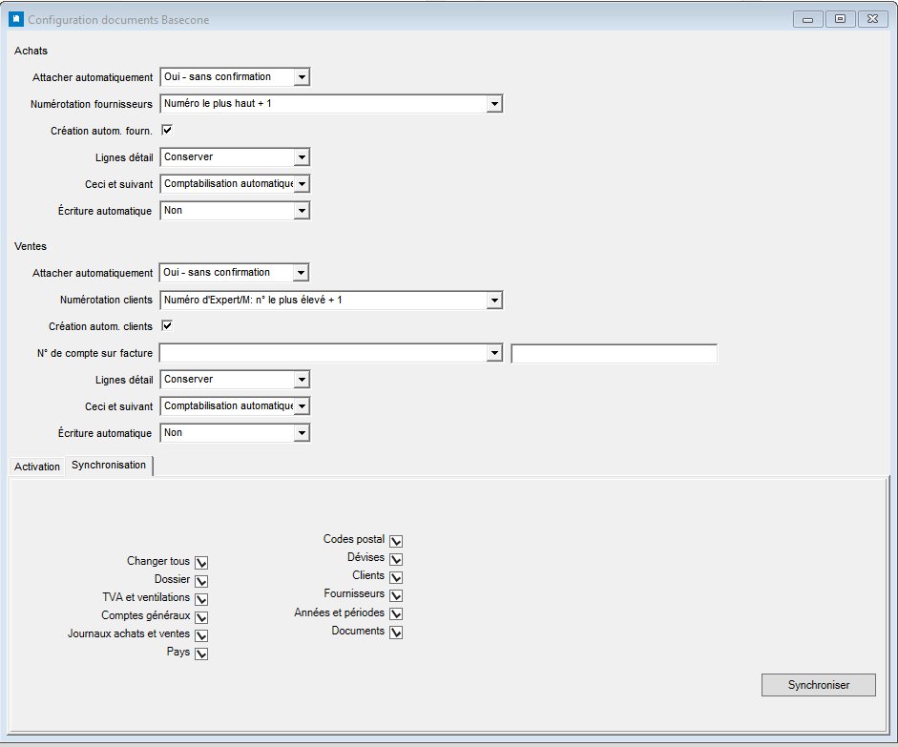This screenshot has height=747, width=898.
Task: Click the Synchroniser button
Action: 819,685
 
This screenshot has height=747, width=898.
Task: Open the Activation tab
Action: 36,466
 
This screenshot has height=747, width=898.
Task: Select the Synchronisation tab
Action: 109,465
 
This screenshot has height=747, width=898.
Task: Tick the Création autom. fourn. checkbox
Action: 167,130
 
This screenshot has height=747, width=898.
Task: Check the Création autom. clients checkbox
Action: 167,325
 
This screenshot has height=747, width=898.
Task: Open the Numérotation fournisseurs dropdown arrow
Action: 494,104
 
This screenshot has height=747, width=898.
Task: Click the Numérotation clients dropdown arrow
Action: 494,300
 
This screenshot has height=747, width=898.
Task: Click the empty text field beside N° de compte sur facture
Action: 614,354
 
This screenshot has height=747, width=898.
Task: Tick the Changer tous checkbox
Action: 201,563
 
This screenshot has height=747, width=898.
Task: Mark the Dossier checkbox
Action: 201,581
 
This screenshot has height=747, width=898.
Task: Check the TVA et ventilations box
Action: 201,599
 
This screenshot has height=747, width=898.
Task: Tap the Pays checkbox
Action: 201,654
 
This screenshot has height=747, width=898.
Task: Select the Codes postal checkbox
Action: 396,541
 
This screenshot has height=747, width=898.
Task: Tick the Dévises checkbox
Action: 396,559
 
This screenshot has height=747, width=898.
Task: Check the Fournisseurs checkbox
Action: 396,595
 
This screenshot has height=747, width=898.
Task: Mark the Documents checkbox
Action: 396,632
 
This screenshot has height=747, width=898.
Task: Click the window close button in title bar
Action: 873,19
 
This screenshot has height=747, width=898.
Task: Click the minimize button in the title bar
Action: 808,19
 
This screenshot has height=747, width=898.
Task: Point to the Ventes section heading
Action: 31,246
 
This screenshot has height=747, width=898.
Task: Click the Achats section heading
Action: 31,51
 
